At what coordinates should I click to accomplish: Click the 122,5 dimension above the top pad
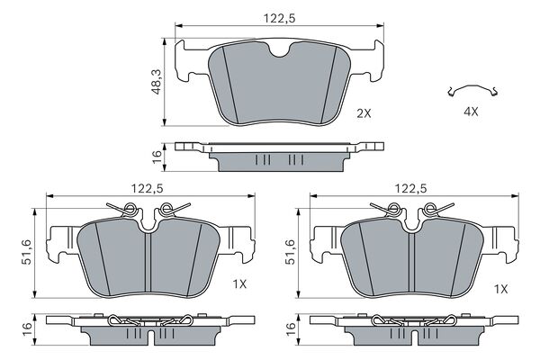(x=279, y=18)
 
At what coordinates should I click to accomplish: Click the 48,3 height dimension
(x=157, y=82)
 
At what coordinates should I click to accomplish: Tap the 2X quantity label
(x=364, y=113)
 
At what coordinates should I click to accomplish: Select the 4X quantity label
(x=471, y=112)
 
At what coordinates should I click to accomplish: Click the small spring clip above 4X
(x=472, y=86)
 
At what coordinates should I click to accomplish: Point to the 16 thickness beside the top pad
(x=157, y=157)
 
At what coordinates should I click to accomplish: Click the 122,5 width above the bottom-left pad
(x=147, y=188)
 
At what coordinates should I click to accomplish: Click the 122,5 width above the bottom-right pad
(x=411, y=188)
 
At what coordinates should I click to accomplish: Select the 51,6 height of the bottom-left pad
(x=26, y=252)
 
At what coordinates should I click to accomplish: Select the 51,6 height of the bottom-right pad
(x=291, y=252)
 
